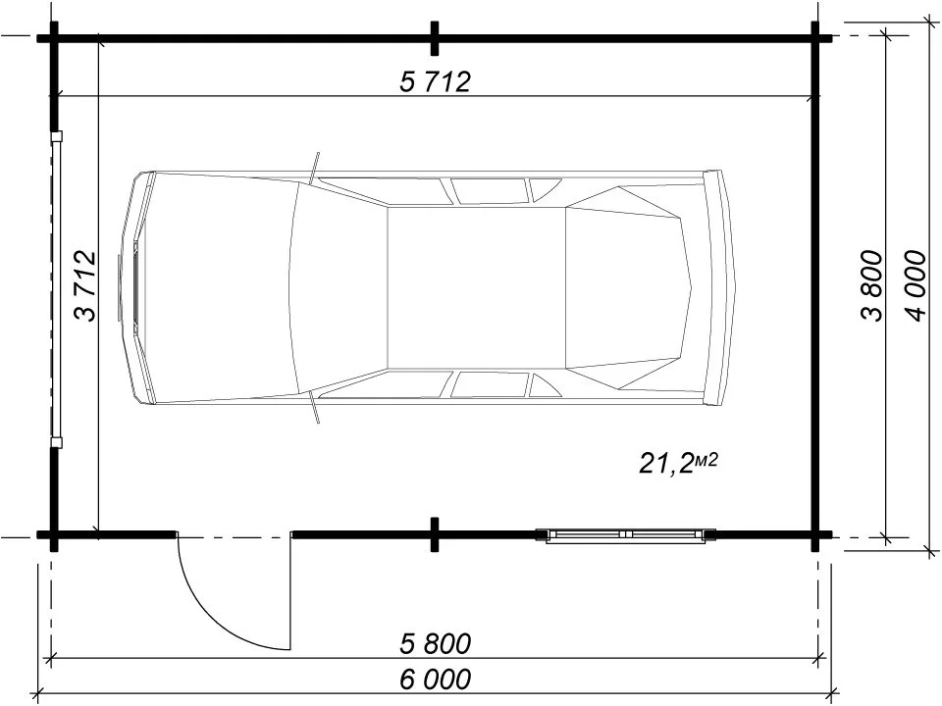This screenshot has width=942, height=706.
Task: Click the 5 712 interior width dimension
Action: pos(435,81)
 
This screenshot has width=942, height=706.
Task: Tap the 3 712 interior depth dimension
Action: pos(84,285)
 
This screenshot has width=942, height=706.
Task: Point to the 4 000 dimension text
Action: pos(916,285)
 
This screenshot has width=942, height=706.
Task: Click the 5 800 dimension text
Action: pos(435,644)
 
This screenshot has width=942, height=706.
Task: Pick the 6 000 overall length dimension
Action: pos(435,680)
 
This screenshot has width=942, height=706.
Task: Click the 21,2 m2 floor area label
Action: pos(678,463)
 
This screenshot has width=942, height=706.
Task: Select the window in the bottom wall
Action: pos(625,535)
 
